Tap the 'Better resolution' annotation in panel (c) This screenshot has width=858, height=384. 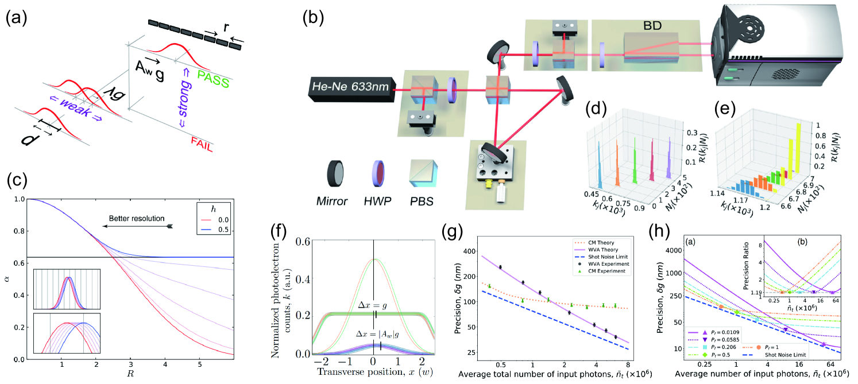[x=138, y=219]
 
